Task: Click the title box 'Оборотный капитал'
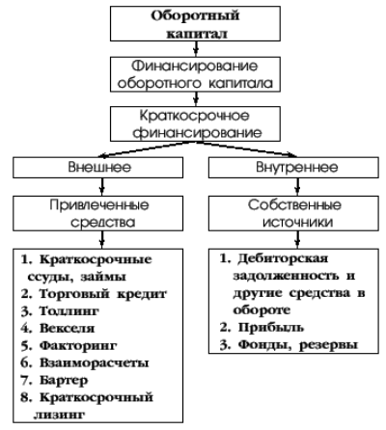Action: [195, 23]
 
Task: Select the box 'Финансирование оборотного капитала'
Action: [195, 74]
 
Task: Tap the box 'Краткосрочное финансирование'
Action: [195, 124]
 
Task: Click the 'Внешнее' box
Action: [98, 168]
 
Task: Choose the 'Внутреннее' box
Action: [293, 168]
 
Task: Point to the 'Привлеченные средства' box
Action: [98, 213]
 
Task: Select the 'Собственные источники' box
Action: [293, 213]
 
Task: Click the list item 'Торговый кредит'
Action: [103, 294]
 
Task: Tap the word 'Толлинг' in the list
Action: [69, 311]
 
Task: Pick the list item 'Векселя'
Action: [67, 328]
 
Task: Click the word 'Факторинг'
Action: [78, 345]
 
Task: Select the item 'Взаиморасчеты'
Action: [94, 363]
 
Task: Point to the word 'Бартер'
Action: [64, 380]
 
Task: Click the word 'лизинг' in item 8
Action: [59, 415]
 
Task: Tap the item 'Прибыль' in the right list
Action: [271, 328]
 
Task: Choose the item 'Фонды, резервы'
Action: [298, 345]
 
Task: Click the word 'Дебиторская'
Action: [283, 258]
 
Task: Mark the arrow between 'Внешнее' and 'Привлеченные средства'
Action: [102, 187]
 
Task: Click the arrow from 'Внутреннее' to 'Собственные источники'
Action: [297, 187]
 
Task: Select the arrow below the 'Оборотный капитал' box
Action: [196, 49]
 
